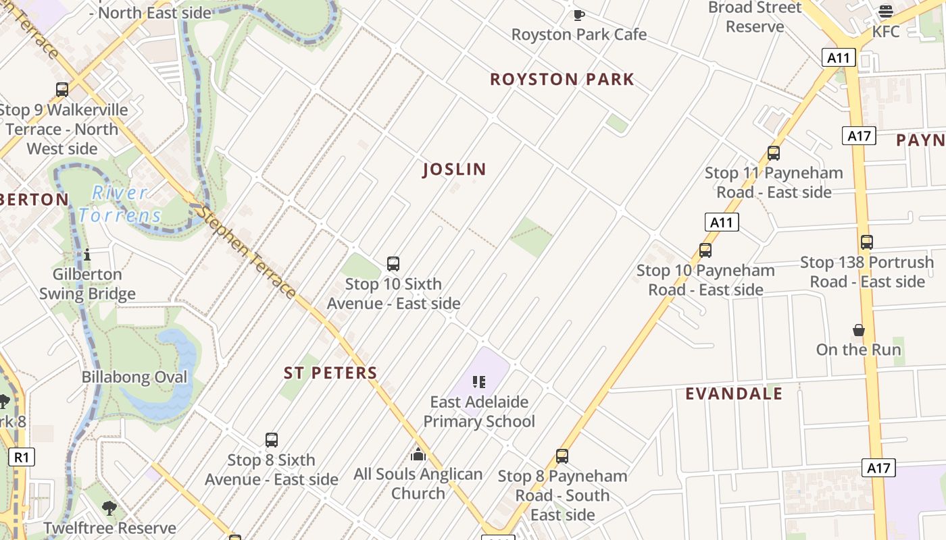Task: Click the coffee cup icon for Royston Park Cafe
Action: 578,14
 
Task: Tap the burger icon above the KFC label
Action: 885,11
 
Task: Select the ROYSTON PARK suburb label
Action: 562,79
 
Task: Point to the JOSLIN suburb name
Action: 454,169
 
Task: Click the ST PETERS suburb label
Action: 330,373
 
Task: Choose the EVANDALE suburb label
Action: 734,394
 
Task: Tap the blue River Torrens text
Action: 120,205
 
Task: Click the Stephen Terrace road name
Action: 246,253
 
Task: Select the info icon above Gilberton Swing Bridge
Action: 87,254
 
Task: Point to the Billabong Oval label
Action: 134,377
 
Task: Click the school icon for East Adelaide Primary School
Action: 479,382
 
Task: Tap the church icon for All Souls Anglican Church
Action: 418,454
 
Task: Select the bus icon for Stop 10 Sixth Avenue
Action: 393,264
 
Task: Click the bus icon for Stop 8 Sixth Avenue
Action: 272,440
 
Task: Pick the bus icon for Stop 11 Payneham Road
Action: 774,153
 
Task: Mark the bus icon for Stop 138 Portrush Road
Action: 866,242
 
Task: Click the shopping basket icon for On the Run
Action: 858,330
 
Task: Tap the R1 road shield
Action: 22,457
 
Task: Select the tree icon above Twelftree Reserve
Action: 109,508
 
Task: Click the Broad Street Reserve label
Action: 755,17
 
